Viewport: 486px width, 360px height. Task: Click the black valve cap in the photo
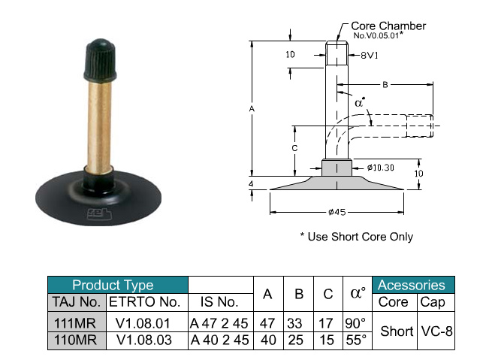pyautogui.click(x=100, y=60)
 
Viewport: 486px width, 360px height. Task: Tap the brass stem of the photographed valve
pyautogui.click(x=99, y=126)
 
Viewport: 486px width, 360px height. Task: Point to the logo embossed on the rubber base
pyautogui.click(x=99, y=213)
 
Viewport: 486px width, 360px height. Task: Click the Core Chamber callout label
pyautogui.click(x=388, y=26)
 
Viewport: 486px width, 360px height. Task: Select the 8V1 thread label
pyautogui.click(x=369, y=56)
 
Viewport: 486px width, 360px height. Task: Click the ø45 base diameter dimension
pyautogui.click(x=337, y=212)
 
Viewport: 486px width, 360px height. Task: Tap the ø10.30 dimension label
pyautogui.click(x=380, y=168)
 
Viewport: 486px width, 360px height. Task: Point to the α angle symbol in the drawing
pyautogui.click(x=360, y=102)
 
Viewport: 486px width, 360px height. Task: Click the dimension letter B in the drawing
pyautogui.click(x=385, y=85)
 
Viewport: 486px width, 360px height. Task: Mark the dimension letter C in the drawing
pyautogui.click(x=294, y=148)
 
